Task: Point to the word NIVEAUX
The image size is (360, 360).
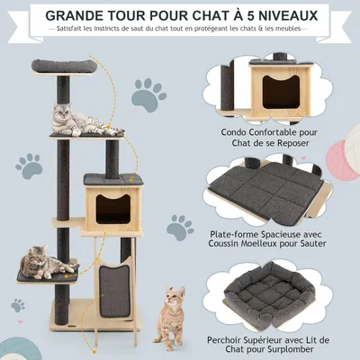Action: coord(303,15)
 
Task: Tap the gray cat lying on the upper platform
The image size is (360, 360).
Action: coord(77,119)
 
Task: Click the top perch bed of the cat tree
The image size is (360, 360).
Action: coord(65,67)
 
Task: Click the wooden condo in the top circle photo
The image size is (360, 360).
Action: coord(279,86)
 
